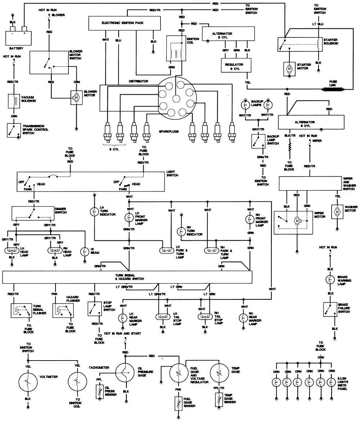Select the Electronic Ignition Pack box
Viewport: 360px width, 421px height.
[x=125, y=23]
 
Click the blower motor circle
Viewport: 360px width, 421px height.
[x=77, y=98]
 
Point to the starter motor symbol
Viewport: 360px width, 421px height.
[x=289, y=69]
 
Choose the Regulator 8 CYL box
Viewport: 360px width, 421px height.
[x=236, y=65]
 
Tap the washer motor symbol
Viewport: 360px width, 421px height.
[x=337, y=212]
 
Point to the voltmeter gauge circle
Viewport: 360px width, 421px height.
[x=28, y=382]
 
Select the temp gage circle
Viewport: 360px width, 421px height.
[x=220, y=373]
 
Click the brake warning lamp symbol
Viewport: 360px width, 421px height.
[x=330, y=280]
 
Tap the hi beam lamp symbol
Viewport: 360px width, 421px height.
[x=85, y=252]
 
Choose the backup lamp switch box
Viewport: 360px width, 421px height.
[x=258, y=141]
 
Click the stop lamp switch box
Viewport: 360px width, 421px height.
[x=95, y=309]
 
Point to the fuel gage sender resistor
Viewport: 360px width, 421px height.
[x=178, y=403]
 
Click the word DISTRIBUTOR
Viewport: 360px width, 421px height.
[x=138, y=81]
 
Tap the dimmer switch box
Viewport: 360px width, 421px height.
[x=33, y=213]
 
